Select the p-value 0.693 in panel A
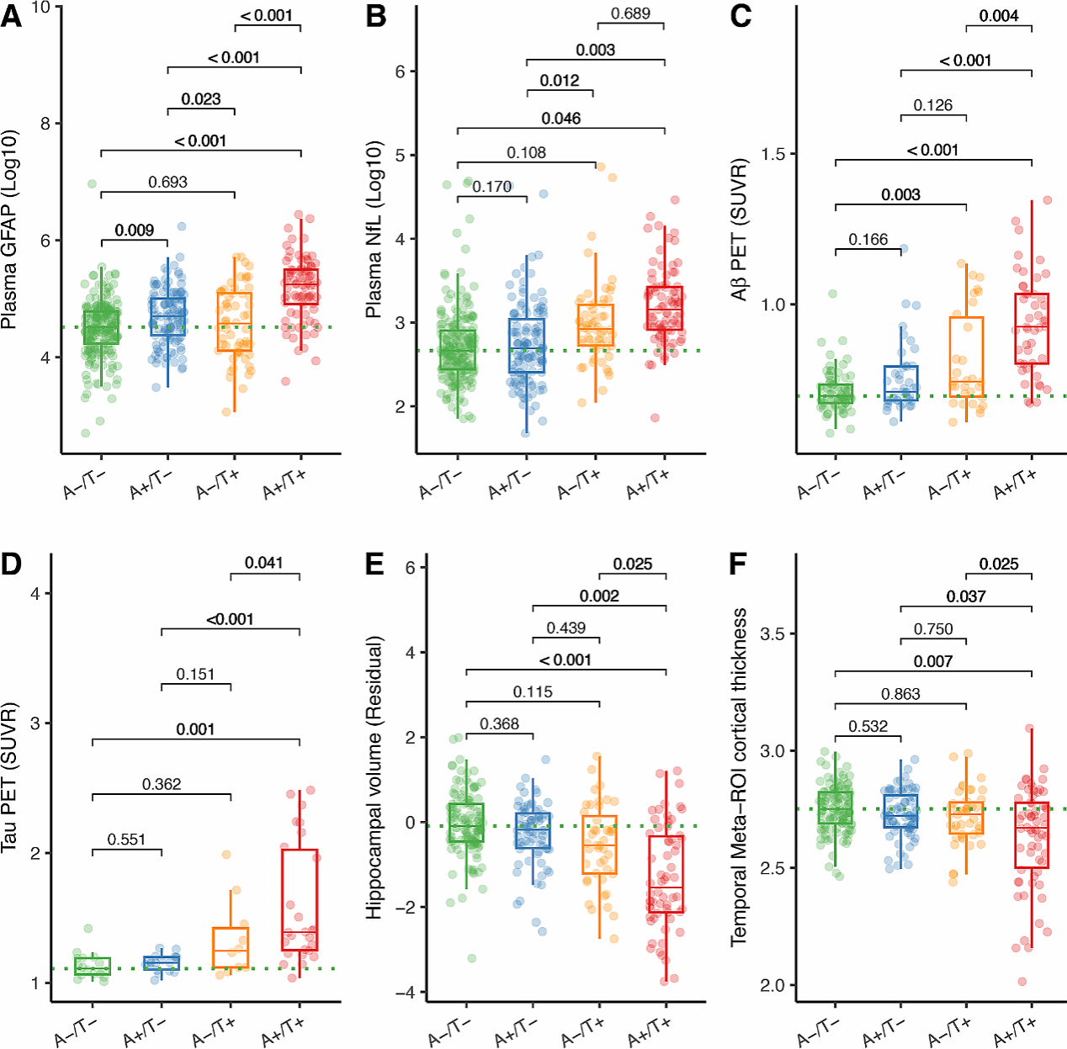pyautogui.click(x=167, y=182)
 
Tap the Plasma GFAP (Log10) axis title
pyautogui.click(x=10, y=230)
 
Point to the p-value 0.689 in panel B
pyautogui.click(x=630, y=13)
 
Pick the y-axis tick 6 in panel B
pyautogui.click(x=401, y=72)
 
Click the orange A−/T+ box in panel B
pyautogui.click(x=596, y=325)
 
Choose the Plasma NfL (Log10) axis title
pyautogui.click(x=374, y=229)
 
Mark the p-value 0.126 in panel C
pyautogui.click(x=933, y=105)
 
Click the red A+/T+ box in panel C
pyautogui.click(x=1032, y=329)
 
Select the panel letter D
pyautogui.click(x=11, y=564)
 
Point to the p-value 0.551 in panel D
pyautogui.click(x=126, y=840)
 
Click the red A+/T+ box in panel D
pyautogui.click(x=300, y=900)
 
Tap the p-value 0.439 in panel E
pyautogui.click(x=566, y=628)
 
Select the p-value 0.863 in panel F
pyautogui.click(x=900, y=694)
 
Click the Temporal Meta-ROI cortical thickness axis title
pyautogui.click(x=740, y=777)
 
